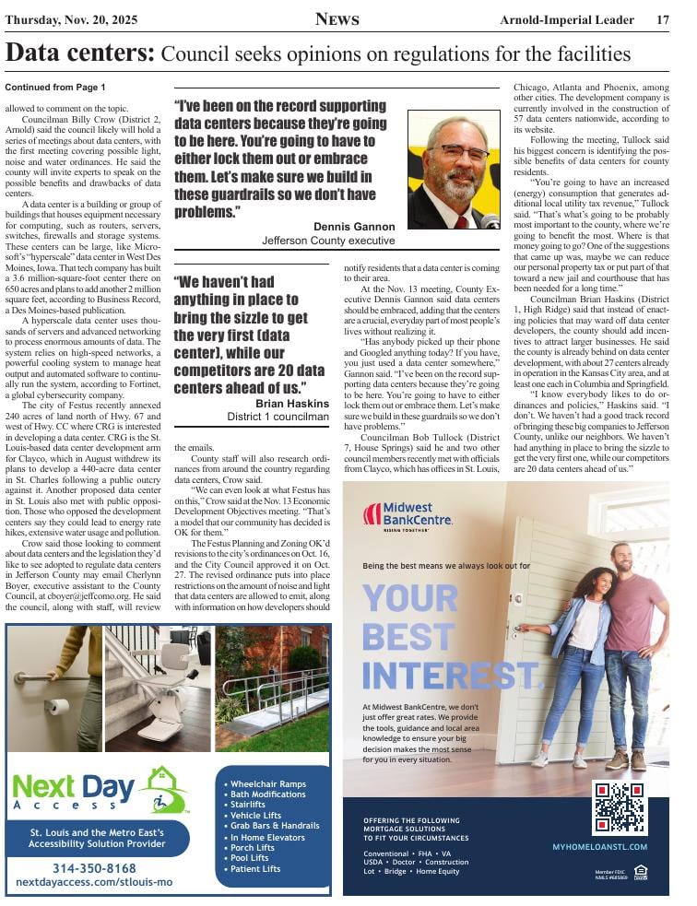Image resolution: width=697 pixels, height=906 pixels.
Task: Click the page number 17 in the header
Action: click(x=663, y=19)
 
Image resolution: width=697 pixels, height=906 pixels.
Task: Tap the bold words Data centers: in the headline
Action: click(x=80, y=53)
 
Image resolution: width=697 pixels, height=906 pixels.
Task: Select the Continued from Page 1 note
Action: click(x=55, y=88)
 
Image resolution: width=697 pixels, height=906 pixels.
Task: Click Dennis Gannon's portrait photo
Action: click(x=453, y=171)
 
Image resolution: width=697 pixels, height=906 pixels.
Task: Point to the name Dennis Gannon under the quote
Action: click(x=354, y=226)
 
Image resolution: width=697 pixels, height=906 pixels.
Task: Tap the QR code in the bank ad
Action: click(x=619, y=807)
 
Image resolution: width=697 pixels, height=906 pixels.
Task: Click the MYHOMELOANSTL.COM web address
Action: click(x=600, y=846)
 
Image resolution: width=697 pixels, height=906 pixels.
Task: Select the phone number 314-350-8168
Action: click(x=94, y=868)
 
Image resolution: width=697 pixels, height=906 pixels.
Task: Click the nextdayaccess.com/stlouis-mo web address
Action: click(x=94, y=882)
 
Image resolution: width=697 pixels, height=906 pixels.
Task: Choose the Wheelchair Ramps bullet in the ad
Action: click(x=267, y=783)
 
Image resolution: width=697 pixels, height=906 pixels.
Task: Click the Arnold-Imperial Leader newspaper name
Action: click(x=567, y=19)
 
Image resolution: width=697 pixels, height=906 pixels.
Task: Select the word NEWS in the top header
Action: click(x=337, y=19)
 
